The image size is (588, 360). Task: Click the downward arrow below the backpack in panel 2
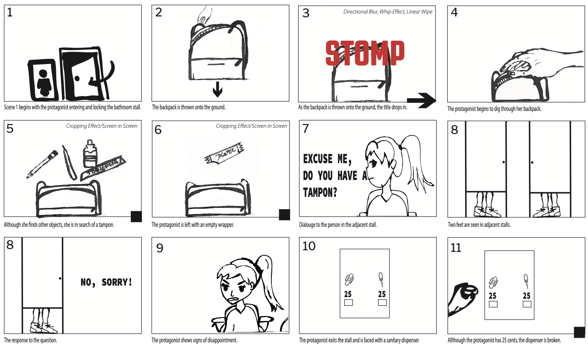pos(218,89)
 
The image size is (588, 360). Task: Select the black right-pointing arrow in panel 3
pos(421,100)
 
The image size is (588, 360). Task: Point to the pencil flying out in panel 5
pos(42,164)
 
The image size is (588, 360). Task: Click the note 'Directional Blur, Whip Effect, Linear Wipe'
pos(388,12)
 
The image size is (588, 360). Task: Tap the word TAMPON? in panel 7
pos(320,192)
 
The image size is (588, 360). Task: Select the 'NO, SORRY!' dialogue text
pos(106,282)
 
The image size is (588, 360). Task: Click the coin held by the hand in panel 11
pos(469,292)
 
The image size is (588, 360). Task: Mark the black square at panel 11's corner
pos(579,332)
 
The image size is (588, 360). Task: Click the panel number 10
pos(309,246)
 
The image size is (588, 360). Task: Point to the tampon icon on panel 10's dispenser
pos(381,280)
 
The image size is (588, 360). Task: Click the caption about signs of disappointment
pos(194,340)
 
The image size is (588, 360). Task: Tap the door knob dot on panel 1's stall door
pos(77,78)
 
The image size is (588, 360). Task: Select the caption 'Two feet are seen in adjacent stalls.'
pos(479,225)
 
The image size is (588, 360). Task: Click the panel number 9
pos(160,248)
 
